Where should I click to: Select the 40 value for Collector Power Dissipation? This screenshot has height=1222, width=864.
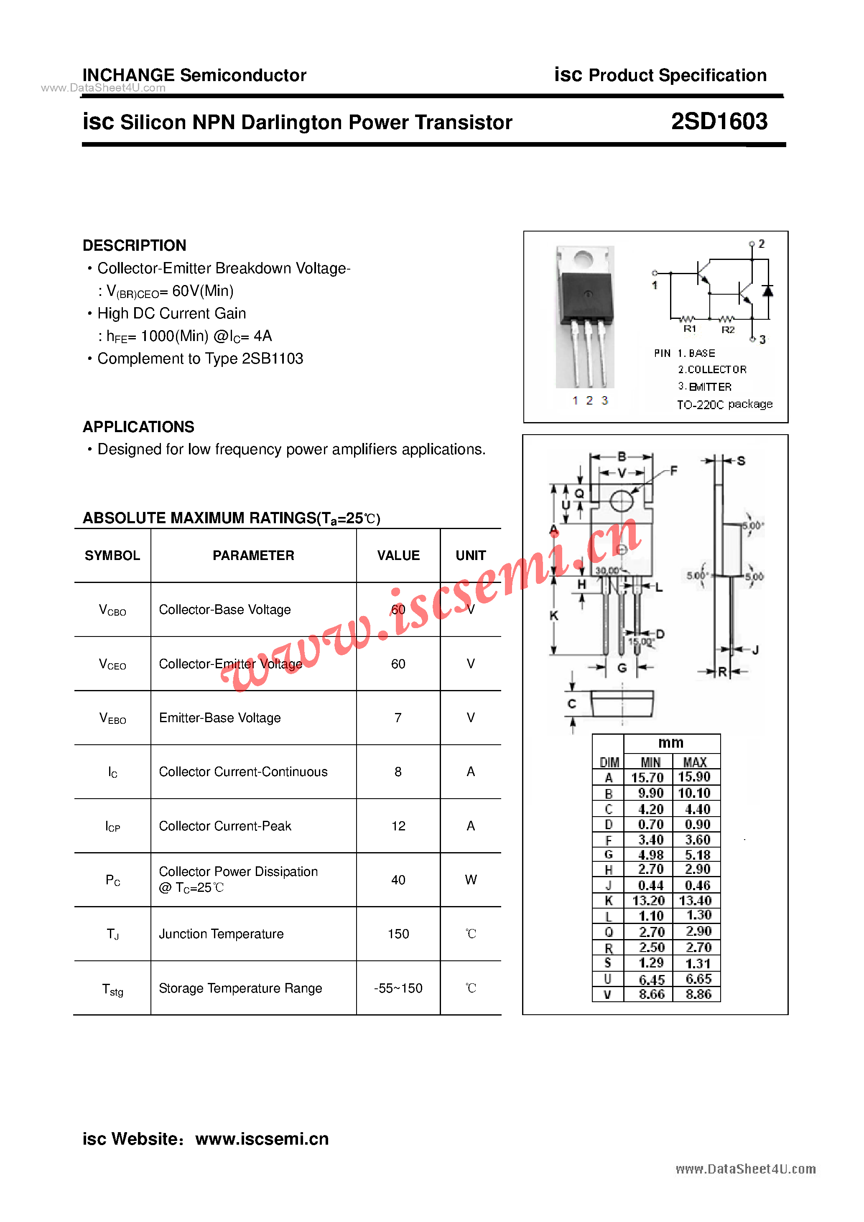398,880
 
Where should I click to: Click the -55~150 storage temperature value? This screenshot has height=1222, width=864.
398,988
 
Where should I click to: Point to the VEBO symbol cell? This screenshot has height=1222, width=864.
112,718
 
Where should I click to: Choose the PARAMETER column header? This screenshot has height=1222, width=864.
253,556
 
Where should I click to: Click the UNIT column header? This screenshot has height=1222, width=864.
471,556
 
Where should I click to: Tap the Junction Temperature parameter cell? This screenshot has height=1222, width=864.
222,934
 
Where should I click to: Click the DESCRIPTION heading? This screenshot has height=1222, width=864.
134,245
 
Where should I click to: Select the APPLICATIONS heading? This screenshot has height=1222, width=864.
138,427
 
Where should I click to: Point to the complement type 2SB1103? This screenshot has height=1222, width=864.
273,359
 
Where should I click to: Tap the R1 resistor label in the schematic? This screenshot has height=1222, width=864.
690,329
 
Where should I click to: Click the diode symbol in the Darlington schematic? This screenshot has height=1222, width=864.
767,291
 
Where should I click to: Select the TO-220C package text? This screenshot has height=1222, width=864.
724,405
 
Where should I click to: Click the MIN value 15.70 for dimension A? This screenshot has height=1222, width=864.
647,778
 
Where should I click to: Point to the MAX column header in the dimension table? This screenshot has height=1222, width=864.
695,762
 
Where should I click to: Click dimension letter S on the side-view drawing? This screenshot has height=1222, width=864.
741,461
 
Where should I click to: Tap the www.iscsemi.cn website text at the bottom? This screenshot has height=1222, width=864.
262,1138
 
